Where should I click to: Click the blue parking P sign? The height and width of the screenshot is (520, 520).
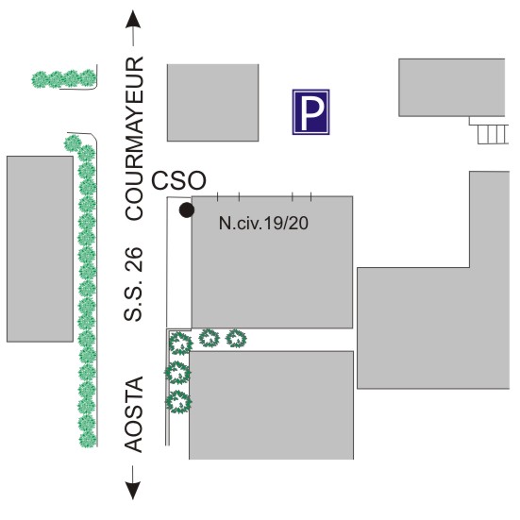tap(310, 112)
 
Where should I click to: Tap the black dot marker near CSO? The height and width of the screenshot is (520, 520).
tap(187, 210)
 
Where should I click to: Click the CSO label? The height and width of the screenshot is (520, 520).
tap(178, 181)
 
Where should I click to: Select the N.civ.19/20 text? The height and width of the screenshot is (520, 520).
tap(263, 223)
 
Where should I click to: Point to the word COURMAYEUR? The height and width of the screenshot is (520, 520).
tap(134, 138)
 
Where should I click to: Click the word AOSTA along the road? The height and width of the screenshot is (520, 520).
tap(134, 414)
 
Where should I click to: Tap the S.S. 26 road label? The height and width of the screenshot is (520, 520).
tap(133, 284)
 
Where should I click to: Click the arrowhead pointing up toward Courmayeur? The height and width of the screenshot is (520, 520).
tap(133, 19)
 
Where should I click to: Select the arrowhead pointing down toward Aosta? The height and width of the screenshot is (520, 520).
tap(133, 491)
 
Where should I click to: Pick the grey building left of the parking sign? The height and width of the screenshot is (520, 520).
tap(213, 103)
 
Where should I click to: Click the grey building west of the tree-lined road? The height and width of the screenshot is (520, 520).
tap(41, 249)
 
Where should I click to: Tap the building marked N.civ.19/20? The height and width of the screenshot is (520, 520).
tap(272, 262)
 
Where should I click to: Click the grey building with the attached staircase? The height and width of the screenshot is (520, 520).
tap(452, 88)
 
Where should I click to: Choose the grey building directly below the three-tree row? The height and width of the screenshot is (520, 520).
tap(271, 405)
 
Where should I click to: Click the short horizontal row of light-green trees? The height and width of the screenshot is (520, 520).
tap(64, 79)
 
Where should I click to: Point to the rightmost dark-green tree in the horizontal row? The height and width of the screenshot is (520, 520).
tap(236, 338)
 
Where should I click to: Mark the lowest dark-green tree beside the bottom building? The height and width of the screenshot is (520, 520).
tap(178, 402)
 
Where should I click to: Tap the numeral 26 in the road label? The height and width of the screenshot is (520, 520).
tap(134, 260)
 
